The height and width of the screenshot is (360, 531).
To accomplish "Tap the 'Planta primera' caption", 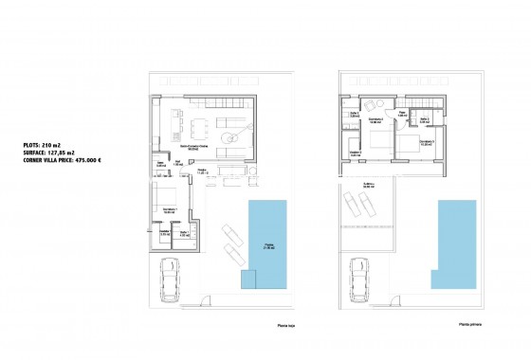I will (467, 324).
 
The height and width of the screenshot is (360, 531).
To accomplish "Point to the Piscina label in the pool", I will (272, 247).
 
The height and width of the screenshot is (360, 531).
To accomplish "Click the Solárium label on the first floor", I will (368, 186).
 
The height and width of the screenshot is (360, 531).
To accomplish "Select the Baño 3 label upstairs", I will (427, 119).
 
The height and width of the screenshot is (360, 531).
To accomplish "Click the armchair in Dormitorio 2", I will (376, 106).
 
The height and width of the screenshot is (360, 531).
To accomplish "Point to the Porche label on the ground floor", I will (202, 171).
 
